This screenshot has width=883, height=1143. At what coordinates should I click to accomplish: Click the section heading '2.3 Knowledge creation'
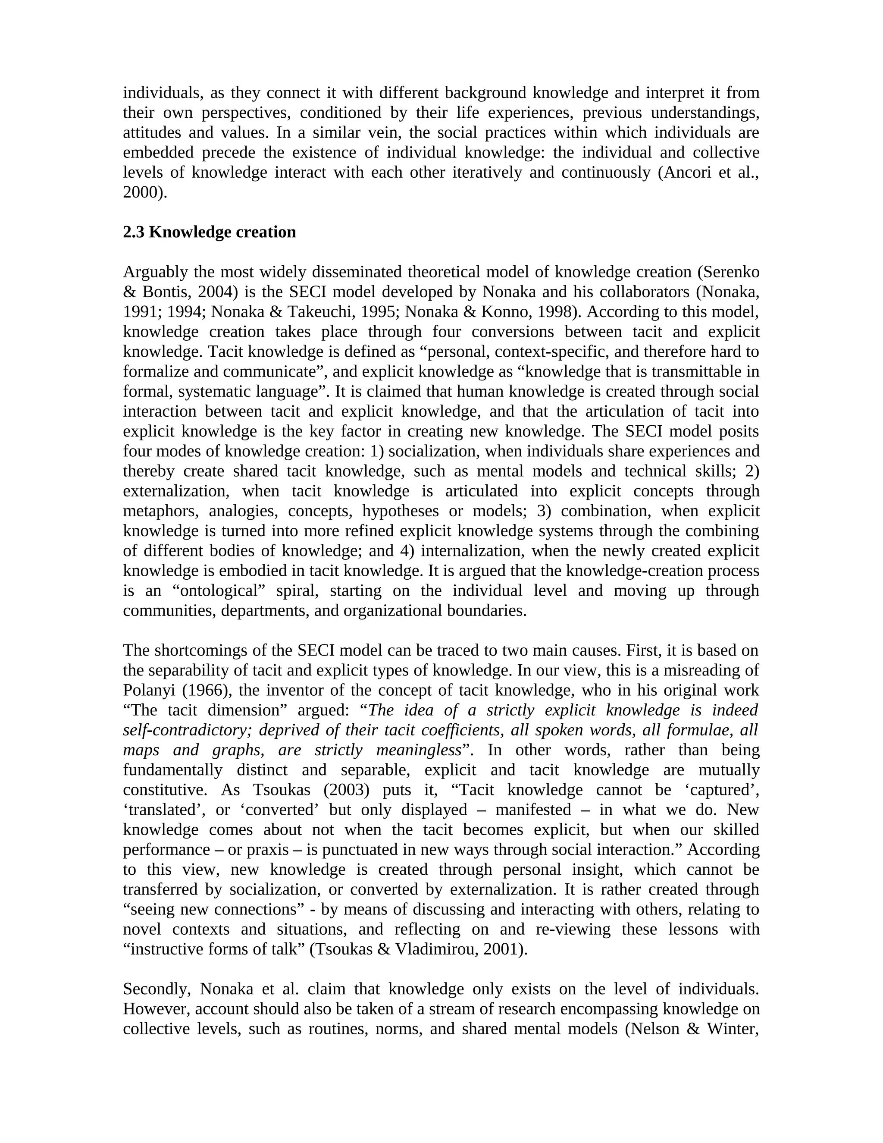tap(209, 232)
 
